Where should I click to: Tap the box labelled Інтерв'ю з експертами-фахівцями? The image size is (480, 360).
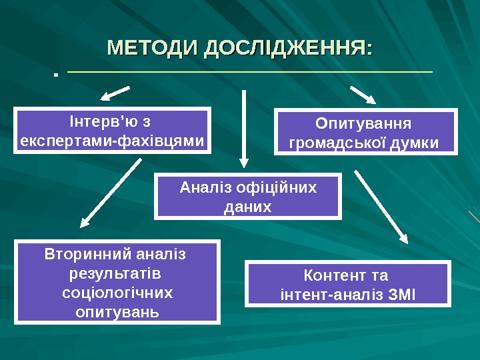pos(113,131)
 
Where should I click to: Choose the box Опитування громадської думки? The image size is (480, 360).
pos(366,133)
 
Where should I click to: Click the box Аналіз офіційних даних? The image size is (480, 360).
pos(248,196)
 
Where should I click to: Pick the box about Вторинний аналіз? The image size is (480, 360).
pos(117,283)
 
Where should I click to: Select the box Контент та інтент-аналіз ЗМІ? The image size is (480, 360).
pos(347,284)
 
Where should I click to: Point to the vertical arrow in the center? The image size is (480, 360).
pos(244,127)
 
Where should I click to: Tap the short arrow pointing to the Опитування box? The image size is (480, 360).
pos(363,94)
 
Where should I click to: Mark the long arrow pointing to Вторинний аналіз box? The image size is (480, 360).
pos(112,190)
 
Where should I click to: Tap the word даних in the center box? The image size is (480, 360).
pos(248,207)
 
